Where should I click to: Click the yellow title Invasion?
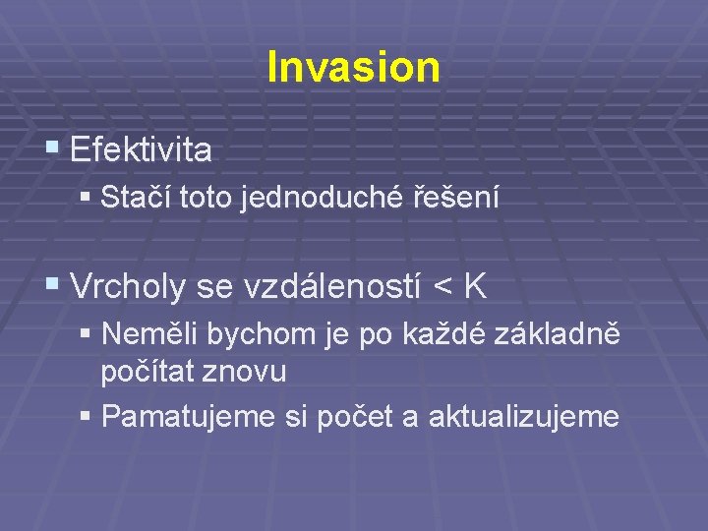[x=353, y=67]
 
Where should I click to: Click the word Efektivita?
[x=141, y=150]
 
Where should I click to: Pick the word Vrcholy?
[x=130, y=286]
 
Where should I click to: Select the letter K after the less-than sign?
[x=475, y=286]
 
